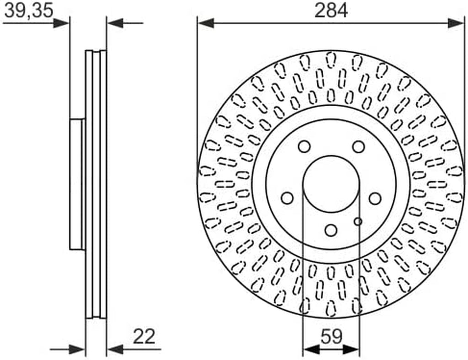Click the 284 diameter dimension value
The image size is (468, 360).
coord(331,11)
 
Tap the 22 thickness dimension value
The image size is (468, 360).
coord(144,336)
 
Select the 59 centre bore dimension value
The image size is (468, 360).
coord(331,336)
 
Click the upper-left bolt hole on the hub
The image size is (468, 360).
coord(304,147)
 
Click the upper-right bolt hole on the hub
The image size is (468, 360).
coord(358,147)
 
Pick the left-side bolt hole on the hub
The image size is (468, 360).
coord(287,199)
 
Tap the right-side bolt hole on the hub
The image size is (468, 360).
coord(375,199)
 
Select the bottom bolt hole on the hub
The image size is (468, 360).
coord(331,230)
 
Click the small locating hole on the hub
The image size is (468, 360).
coord(358,221)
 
